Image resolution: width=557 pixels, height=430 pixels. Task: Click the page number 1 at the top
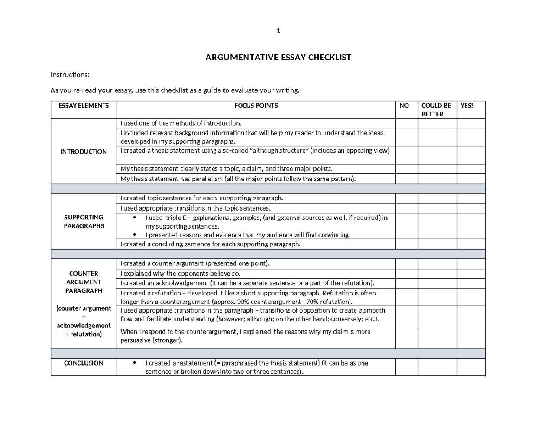pos(278,31)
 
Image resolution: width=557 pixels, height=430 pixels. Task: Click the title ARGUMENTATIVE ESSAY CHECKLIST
pos(278,58)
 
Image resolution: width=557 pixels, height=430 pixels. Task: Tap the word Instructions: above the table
pos(70,75)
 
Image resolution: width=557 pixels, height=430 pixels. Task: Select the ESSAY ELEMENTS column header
pos(83,106)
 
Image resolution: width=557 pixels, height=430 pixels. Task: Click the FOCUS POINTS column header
pos(256,106)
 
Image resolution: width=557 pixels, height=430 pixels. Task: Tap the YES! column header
pos(466,106)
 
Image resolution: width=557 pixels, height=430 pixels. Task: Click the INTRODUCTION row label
pos(83,152)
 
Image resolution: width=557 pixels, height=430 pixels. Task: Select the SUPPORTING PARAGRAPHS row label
pos(83,221)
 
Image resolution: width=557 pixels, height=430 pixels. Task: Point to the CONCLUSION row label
pos(83,363)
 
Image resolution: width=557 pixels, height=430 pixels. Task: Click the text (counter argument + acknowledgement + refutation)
pos(83,321)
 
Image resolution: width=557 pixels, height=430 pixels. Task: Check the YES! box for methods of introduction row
pos(471,123)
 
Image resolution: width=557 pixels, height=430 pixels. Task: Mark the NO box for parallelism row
pos(407,179)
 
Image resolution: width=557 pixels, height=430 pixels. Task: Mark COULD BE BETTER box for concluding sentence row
pos(437,244)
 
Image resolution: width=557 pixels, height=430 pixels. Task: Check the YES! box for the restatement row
pos(471,367)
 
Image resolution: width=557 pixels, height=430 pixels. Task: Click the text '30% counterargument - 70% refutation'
pos(283,301)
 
